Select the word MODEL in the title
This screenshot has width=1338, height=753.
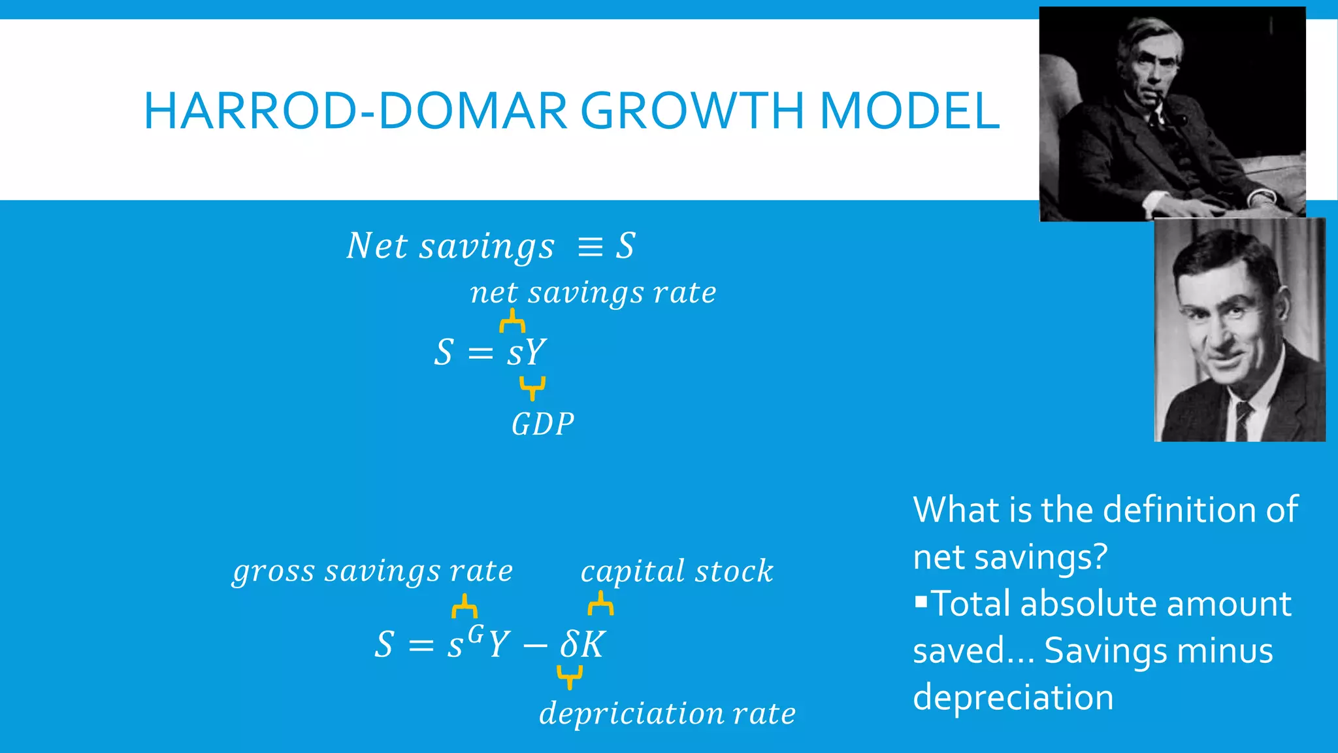click(x=909, y=111)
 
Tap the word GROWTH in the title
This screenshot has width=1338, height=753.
click(x=692, y=111)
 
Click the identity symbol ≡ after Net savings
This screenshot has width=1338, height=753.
click(x=590, y=247)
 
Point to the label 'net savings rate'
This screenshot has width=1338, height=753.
click(x=593, y=292)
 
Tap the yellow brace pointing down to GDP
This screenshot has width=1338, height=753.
click(x=532, y=388)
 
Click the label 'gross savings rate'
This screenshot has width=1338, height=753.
click(x=372, y=571)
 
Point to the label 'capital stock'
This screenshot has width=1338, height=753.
click(x=676, y=571)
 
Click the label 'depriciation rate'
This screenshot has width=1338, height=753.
click(x=667, y=713)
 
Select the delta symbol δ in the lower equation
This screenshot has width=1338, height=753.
click(x=568, y=644)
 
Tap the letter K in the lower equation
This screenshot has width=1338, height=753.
click(x=593, y=645)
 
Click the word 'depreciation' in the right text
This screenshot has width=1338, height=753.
click(x=1013, y=697)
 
